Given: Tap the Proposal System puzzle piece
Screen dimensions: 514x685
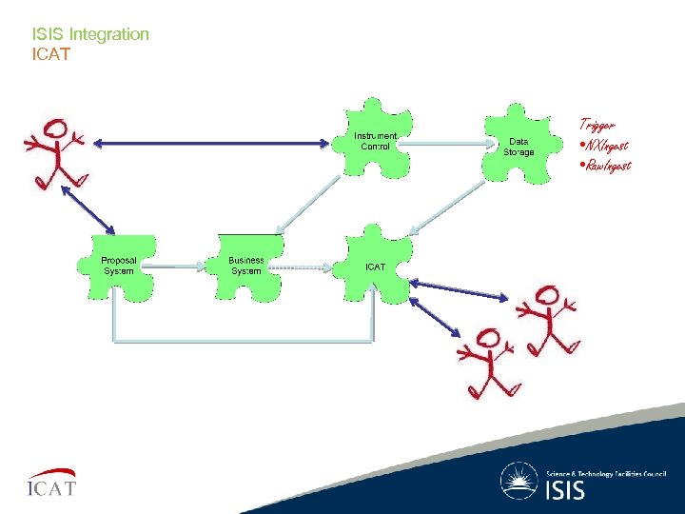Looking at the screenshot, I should click(119, 266).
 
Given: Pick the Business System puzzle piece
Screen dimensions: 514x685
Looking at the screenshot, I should click(246, 266).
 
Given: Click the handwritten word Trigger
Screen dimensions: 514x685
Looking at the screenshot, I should click(597, 125).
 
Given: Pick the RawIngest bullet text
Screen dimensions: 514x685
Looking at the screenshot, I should click(605, 165).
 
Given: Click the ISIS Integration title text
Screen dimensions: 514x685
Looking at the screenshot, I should click(90, 34).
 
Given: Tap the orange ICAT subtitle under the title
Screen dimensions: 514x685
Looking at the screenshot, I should click(51, 54).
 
